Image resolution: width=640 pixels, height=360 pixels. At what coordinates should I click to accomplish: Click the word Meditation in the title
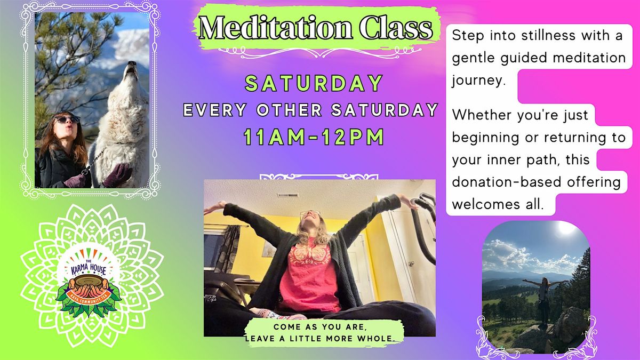pyautogui.click(x=276, y=28)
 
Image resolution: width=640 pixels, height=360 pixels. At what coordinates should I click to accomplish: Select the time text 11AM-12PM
pyautogui.click(x=314, y=137)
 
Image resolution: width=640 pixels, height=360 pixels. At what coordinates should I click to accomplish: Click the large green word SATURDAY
pyautogui.click(x=314, y=83)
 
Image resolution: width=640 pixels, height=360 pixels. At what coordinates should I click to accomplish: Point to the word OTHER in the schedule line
pyautogui.click(x=289, y=110)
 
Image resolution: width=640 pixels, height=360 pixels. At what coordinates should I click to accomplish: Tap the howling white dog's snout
pyautogui.click(x=131, y=67)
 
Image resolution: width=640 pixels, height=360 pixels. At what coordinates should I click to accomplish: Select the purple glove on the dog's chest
pyautogui.click(x=117, y=175)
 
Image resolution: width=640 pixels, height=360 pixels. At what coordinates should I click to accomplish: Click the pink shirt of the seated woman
pyautogui.click(x=309, y=274)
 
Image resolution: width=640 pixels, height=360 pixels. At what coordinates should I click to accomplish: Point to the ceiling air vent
pyautogui.click(x=289, y=196)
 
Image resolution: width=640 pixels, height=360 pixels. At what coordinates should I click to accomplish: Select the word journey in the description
pyautogui.click(x=477, y=81)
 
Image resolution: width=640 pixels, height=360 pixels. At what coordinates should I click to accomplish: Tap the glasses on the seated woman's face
pyautogui.click(x=310, y=213)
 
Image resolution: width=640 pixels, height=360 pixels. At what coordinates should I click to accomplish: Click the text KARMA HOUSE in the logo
pyautogui.click(x=89, y=269)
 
